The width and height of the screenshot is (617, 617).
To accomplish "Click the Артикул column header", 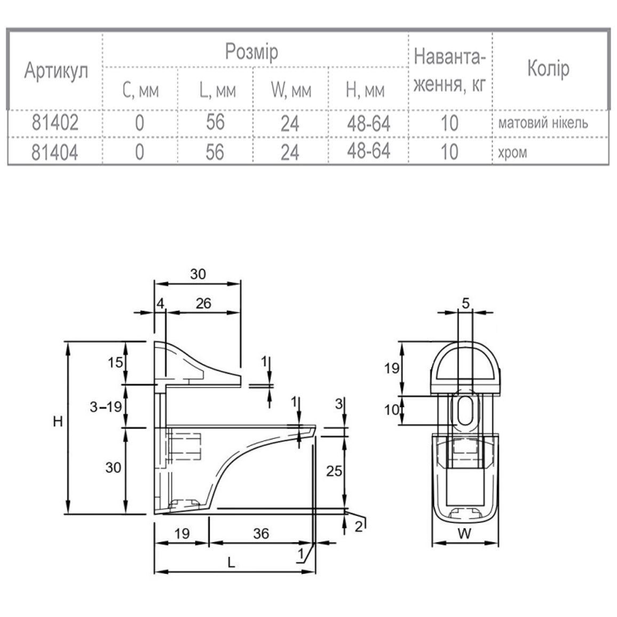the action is tap(56, 71).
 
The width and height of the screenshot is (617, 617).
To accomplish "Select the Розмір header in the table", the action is tap(251, 52).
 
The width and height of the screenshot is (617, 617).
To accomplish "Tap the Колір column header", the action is tap(548, 68).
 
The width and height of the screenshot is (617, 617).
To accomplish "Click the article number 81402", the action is tap(55, 122).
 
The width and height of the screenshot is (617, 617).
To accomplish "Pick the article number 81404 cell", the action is tap(54, 152).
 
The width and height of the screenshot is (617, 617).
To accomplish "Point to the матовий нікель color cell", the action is tap(543, 123).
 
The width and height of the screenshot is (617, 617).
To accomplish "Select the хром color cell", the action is tap(512, 153).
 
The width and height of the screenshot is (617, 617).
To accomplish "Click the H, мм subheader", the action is tap(365, 91).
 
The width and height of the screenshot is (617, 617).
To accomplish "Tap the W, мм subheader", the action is tap(291, 91).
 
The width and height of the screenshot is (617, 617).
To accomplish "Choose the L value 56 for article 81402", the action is tap(215, 122).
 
